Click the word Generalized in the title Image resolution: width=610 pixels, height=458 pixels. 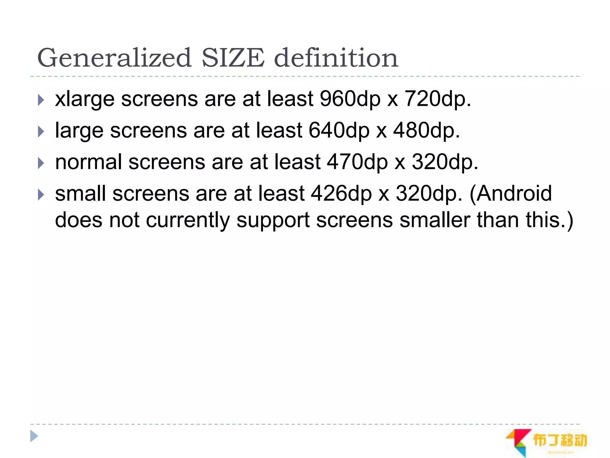coord(114,58)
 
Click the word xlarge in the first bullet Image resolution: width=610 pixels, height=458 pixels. coord(85,99)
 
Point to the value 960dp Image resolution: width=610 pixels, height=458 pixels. coord(350,99)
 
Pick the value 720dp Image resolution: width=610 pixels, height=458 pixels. coord(437,99)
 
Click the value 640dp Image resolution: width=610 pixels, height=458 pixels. coord(339,131)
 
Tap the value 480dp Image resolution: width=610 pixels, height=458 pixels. coord(426,131)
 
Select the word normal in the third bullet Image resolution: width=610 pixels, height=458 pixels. coord(88,162)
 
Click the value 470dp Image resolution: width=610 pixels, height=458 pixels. coord(357,162)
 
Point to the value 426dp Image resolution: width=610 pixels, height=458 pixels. coord(341,194)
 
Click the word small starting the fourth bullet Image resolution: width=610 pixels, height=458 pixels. coord(80,194)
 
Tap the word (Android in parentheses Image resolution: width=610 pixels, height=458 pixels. coord(511,194)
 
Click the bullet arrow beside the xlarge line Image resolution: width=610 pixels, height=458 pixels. coord(41,100)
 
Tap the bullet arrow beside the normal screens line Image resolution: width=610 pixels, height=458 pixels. coord(41,163)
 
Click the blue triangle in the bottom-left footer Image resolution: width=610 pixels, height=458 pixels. coord(34,436)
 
